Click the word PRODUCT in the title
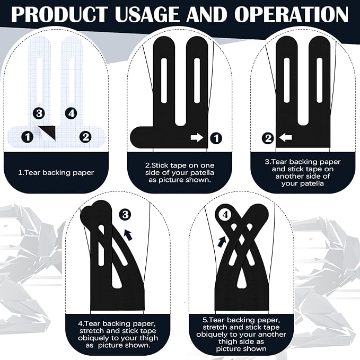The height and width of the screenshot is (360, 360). [60, 14]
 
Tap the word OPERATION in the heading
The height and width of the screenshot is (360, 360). [292, 14]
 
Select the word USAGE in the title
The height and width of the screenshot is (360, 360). [147, 14]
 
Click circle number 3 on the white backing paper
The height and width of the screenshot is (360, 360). [39, 113]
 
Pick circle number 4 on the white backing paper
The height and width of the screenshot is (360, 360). [71, 113]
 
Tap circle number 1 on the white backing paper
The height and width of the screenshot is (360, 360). [28, 137]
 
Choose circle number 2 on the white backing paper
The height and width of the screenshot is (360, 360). [85, 137]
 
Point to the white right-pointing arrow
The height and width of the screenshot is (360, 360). [197, 138]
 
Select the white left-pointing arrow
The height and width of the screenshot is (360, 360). [286, 138]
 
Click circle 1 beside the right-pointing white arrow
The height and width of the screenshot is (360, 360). [216, 138]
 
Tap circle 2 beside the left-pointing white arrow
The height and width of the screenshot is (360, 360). [268, 138]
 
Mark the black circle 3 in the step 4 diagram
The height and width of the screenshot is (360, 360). [125, 215]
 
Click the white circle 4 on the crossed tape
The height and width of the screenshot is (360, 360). [225, 215]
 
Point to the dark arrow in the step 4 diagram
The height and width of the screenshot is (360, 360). [128, 235]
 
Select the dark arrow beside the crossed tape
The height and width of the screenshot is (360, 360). [222, 242]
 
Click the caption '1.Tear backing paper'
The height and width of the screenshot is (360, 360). [56, 173]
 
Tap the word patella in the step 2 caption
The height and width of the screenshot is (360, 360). [200, 173]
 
